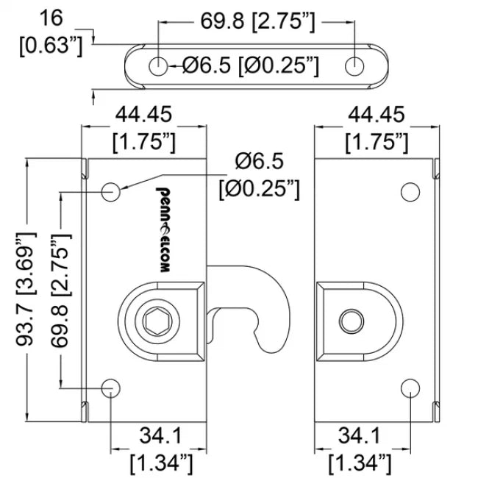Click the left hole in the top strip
[159, 65]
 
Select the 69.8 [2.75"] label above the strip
[257, 22]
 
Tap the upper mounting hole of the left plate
[112, 192]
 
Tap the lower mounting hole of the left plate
[112, 387]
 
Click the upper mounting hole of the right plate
[410, 192]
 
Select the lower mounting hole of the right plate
[410, 387]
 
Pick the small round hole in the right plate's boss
[350, 321]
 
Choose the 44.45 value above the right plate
[377, 115]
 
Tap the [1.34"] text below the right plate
[359, 463]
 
